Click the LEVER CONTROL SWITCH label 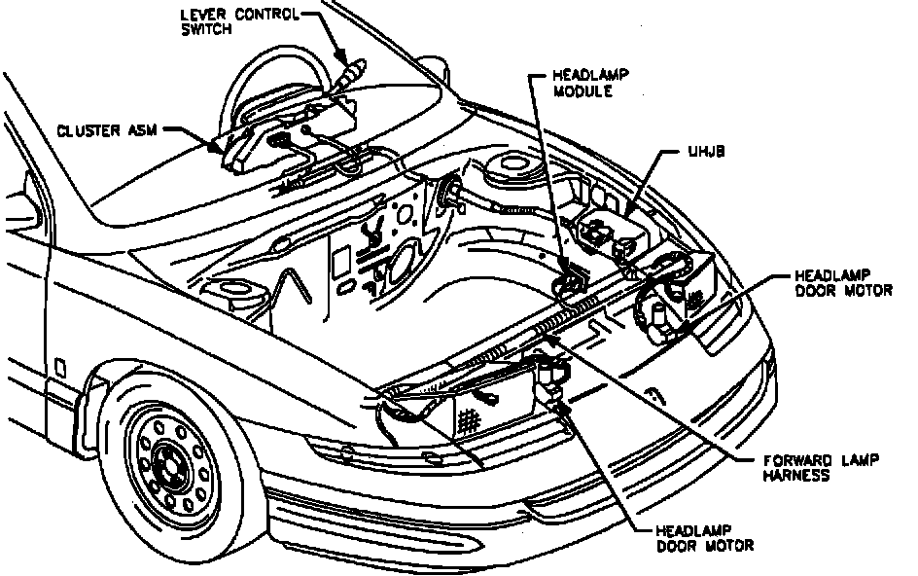point(238,20)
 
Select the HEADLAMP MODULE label point(582,84)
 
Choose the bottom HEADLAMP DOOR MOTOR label point(703,538)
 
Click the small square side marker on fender point(61,368)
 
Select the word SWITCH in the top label point(205,28)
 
